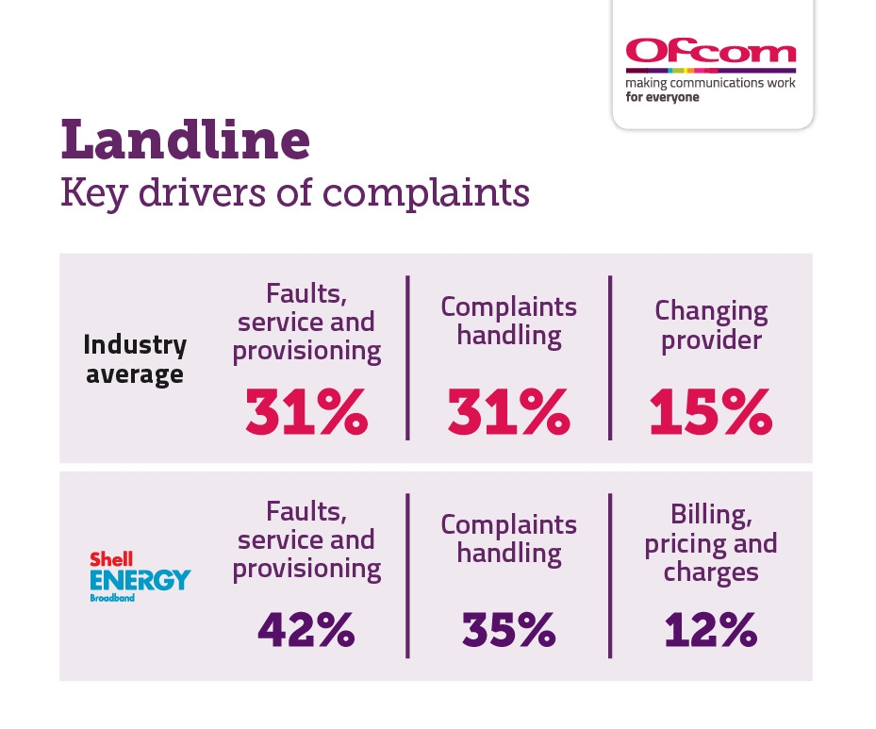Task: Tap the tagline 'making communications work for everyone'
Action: pos(710,90)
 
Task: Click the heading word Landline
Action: pos(186,140)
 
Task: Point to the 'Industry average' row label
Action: pos(136,359)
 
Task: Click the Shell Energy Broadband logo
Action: pos(140,572)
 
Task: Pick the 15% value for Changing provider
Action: pos(710,411)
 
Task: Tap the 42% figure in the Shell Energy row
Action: pos(306,630)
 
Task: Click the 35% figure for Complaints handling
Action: pos(508,630)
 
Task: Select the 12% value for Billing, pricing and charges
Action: pos(710,630)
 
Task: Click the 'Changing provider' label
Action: pos(711,324)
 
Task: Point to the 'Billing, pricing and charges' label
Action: pos(711,543)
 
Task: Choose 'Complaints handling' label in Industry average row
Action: pos(508,321)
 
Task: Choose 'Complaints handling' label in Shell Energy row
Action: pos(508,538)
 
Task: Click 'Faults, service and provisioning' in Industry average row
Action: pos(306,322)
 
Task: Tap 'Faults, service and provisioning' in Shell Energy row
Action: pos(306,539)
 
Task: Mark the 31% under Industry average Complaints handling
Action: pos(508,411)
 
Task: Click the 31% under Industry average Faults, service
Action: pos(306,411)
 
